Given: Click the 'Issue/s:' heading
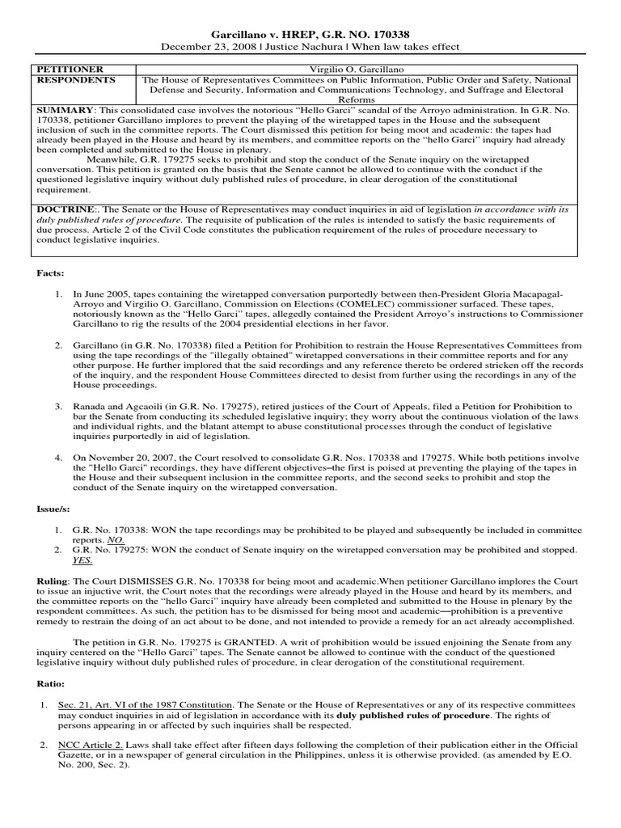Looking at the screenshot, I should (53, 507).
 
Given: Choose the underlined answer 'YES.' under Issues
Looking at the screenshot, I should (82, 560).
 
